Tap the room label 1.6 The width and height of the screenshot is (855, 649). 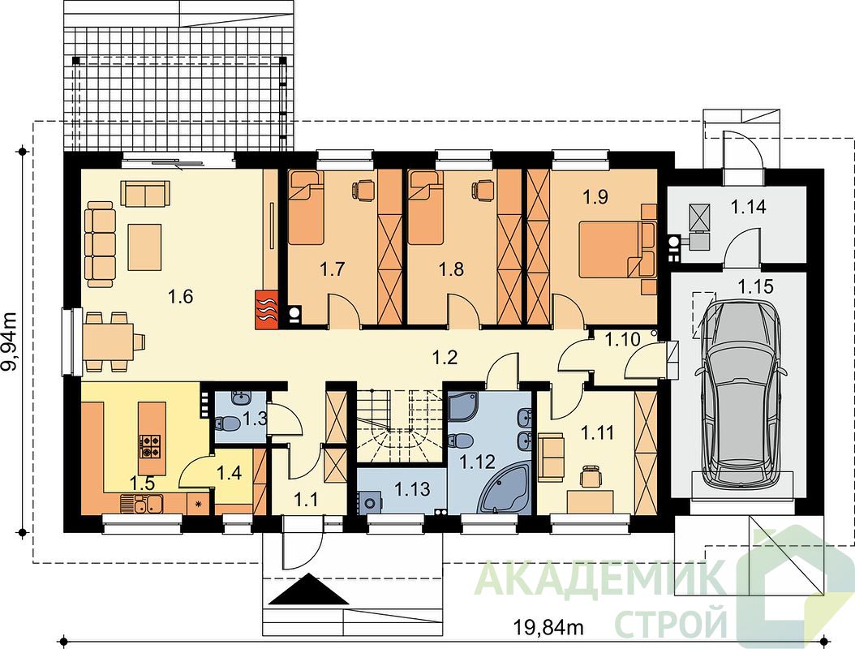pyautogui.click(x=181, y=297)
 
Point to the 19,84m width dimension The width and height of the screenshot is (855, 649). pyautogui.click(x=548, y=628)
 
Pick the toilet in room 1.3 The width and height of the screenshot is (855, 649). pyautogui.click(x=229, y=423)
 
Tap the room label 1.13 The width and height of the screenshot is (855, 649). pyautogui.click(x=412, y=488)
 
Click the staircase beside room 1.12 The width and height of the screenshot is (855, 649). pyautogui.click(x=401, y=426)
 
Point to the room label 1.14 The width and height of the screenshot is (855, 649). pyautogui.click(x=748, y=207)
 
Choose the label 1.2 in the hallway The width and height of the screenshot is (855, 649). pyautogui.click(x=445, y=358)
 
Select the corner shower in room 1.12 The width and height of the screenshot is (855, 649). pyautogui.click(x=463, y=407)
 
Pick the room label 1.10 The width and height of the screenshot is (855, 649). pyautogui.click(x=622, y=340)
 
